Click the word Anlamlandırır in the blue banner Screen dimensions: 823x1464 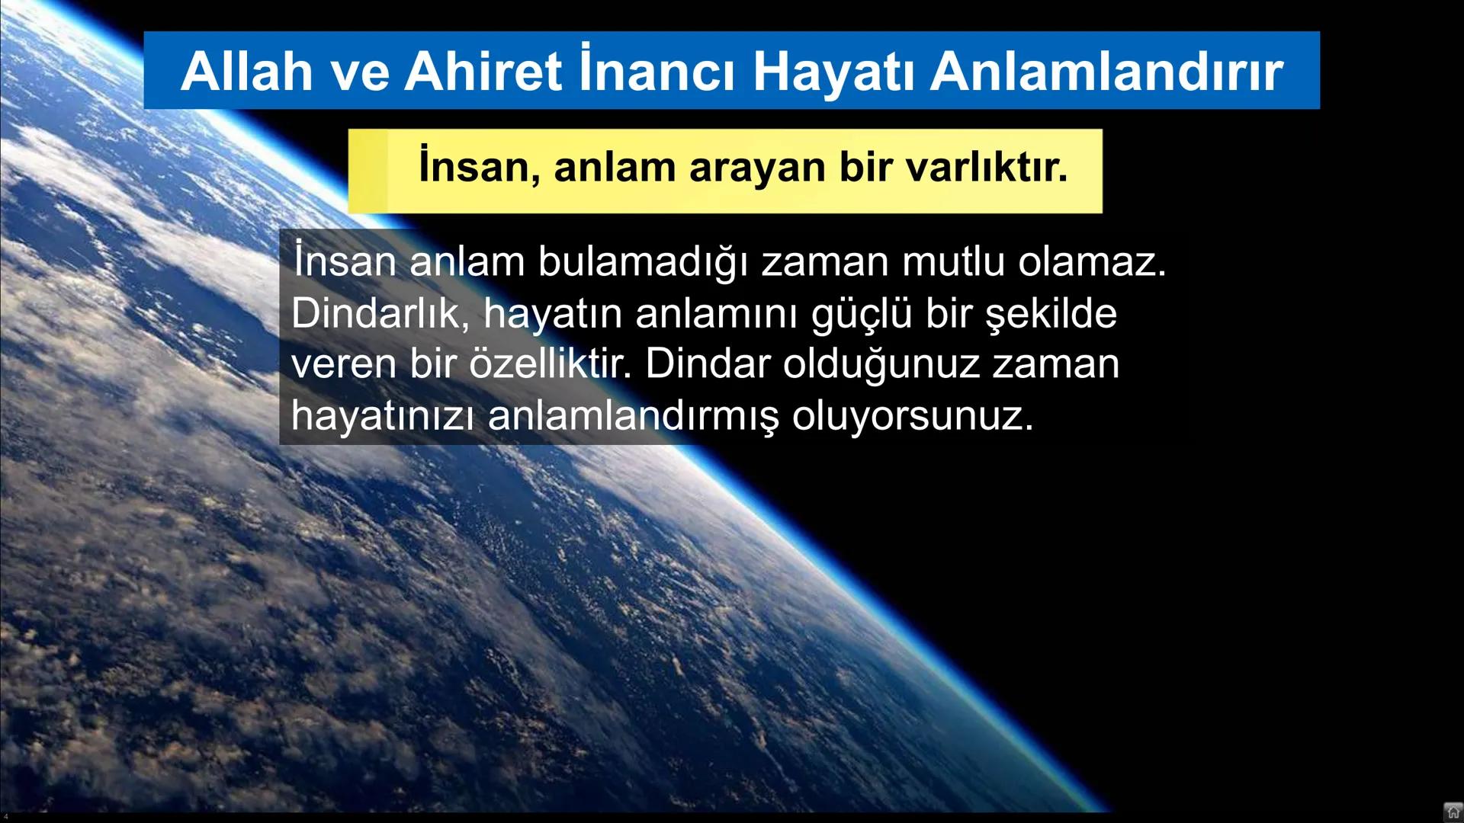(x=1106, y=72)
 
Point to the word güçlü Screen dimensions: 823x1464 (x=862, y=313)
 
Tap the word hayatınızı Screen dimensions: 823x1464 (x=382, y=416)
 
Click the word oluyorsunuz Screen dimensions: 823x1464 (x=912, y=416)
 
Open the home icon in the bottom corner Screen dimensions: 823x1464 (x=1453, y=812)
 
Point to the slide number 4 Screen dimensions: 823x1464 (x=6, y=817)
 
